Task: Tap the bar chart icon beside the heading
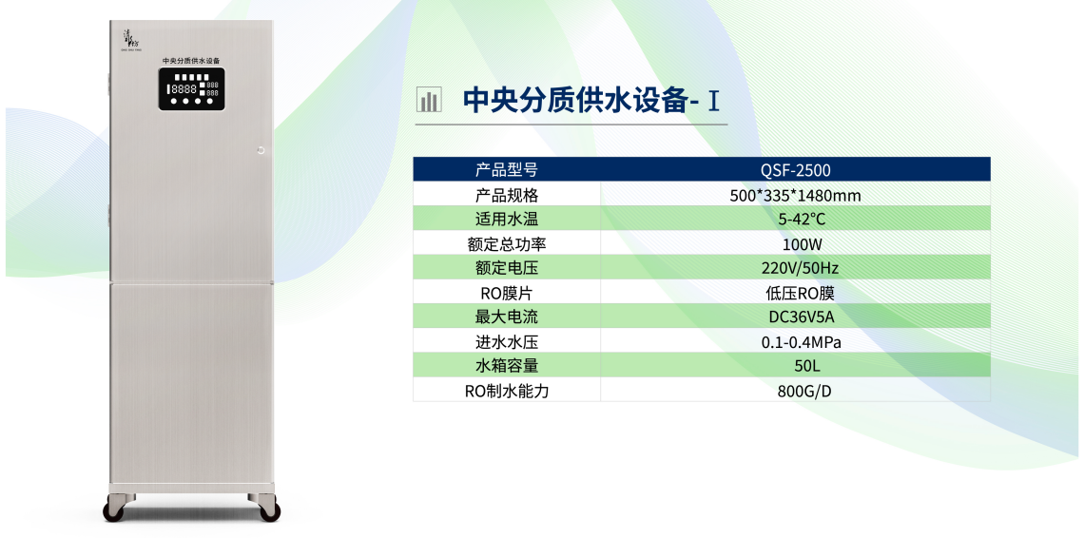(x=429, y=100)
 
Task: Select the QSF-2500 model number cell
(x=795, y=170)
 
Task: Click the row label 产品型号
(x=507, y=170)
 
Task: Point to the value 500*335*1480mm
(x=795, y=195)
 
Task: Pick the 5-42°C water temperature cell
(x=795, y=220)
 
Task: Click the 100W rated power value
(x=795, y=244)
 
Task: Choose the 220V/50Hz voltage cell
(x=795, y=268)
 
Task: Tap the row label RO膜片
(x=507, y=293)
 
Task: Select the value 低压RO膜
(x=795, y=293)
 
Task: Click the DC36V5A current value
(x=795, y=317)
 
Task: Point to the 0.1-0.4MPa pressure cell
(x=795, y=342)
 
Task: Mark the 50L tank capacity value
(x=795, y=366)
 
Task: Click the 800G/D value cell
(x=795, y=391)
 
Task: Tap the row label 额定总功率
(x=507, y=244)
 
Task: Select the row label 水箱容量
(x=507, y=366)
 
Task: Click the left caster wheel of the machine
(x=115, y=511)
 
